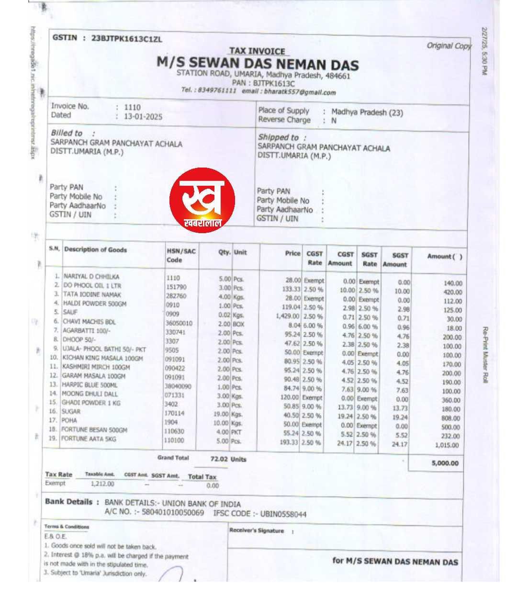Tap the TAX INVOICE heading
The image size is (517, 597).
(x=257, y=51)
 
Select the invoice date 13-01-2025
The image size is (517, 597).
(x=143, y=116)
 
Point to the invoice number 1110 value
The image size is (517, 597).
(x=133, y=107)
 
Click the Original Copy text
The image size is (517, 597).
(x=449, y=45)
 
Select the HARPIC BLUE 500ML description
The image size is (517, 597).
(x=90, y=385)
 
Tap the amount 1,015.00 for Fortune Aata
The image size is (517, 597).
(x=447, y=445)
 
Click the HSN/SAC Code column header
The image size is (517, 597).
(x=181, y=255)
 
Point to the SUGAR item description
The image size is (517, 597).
(x=72, y=411)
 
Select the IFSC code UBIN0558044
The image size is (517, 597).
(x=282, y=514)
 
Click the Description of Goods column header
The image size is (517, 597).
(x=96, y=249)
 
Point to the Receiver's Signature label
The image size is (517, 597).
(x=257, y=530)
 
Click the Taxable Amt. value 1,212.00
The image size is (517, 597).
(x=102, y=484)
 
